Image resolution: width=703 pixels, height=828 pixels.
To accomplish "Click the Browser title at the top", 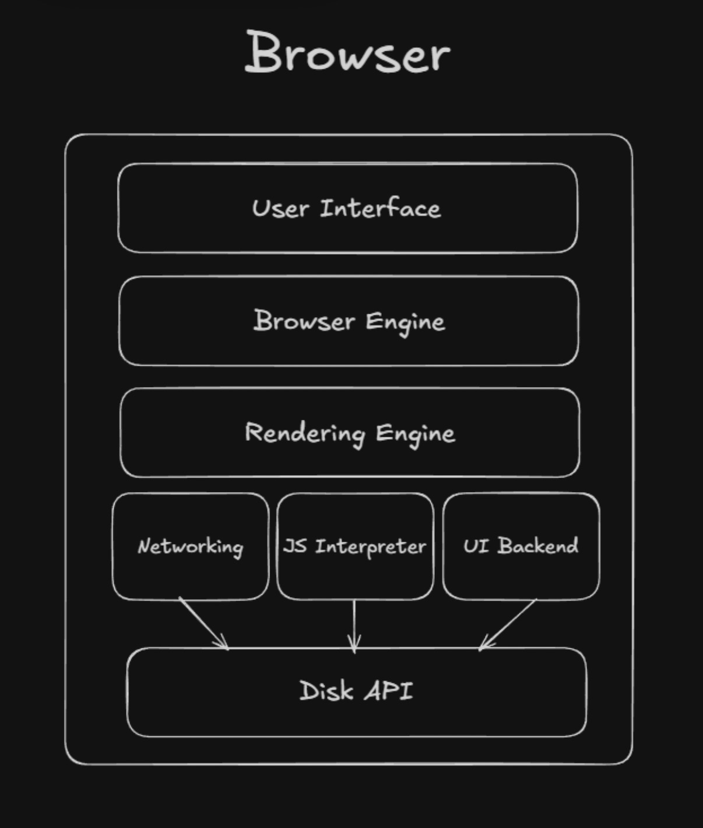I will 347,54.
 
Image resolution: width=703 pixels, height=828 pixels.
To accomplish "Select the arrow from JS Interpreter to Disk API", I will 354,624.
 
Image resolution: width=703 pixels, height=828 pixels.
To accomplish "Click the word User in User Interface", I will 280,209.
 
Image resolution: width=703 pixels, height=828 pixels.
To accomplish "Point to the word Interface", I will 380,208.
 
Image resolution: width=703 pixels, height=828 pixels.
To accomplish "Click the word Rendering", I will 305,433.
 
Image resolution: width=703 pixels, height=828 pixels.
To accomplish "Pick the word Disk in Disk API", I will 326,691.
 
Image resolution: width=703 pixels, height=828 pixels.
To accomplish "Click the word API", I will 389,691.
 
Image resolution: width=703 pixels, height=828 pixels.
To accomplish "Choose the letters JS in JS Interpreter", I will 295,546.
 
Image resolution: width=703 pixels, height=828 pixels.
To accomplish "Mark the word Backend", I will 537,546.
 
